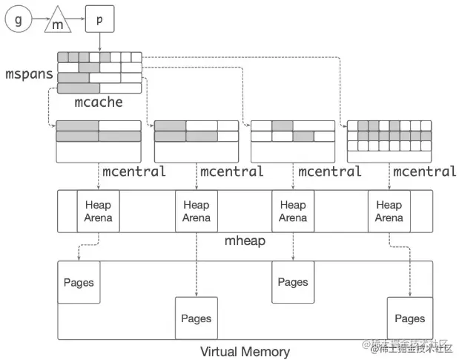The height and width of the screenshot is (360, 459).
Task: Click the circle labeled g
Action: [18, 20]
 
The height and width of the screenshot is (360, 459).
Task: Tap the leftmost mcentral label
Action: [133, 172]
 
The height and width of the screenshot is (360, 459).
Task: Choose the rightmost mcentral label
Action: [424, 172]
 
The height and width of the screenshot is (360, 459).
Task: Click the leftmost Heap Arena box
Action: [99, 212]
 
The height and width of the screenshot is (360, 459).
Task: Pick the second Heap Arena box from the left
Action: [196, 212]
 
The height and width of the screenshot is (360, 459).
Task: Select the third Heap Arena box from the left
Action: [293, 212]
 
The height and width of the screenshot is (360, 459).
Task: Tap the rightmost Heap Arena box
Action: [389, 212]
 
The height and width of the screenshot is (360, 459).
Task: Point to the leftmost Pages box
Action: [79, 282]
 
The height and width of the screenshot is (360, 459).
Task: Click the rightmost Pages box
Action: [409, 318]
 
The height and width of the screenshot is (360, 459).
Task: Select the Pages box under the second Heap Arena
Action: [196, 318]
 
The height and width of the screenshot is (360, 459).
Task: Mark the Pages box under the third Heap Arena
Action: [293, 282]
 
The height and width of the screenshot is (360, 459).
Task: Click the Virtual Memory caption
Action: [245, 351]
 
